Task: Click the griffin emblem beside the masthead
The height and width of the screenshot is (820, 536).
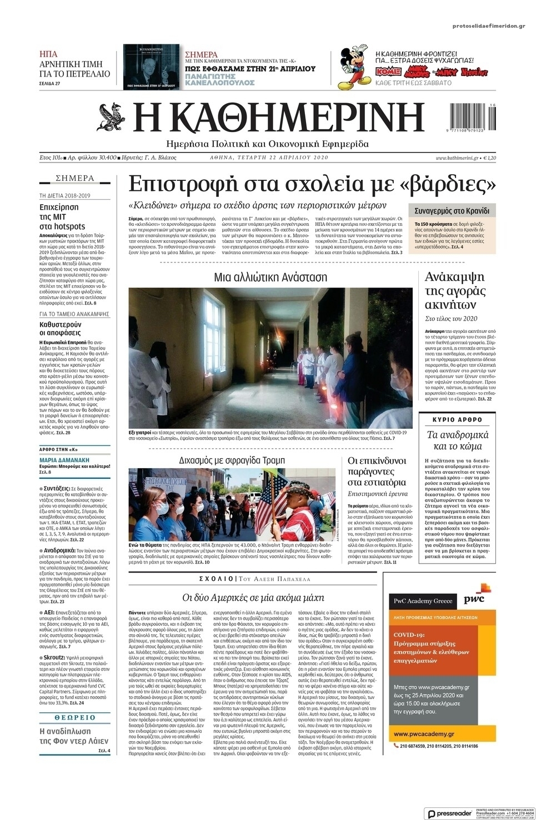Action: click(112, 117)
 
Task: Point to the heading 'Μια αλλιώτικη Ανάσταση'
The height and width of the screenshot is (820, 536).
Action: click(270, 277)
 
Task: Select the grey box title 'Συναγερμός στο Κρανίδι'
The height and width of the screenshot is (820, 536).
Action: click(451, 211)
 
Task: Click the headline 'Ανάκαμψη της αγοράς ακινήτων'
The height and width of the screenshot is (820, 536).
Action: click(454, 291)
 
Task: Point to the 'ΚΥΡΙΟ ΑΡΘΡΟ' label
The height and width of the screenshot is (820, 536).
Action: click(458, 419)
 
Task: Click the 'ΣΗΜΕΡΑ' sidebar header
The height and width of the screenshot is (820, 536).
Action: click(75, 179)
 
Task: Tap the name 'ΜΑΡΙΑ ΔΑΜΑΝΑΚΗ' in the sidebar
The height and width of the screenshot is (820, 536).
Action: click(64, 460)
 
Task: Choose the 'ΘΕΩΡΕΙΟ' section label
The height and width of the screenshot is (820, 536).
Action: click(74, 717)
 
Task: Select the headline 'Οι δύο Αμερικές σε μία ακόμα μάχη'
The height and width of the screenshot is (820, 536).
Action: click(253, 598)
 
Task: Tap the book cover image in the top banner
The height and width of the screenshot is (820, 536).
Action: click(151, 67)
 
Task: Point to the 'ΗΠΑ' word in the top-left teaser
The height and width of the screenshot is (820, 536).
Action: click(48, 54)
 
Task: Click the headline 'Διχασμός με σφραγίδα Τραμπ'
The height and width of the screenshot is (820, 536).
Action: click(232, 460)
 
